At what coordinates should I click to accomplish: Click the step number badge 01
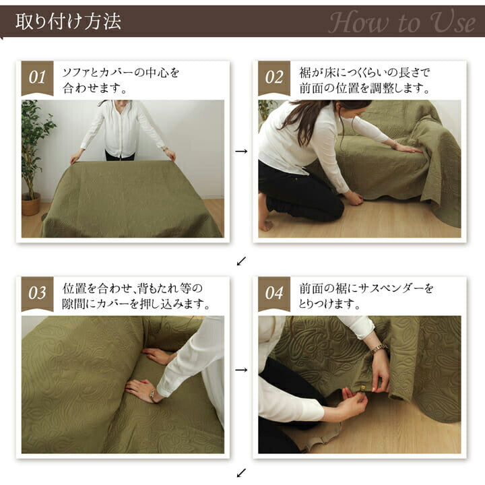37,78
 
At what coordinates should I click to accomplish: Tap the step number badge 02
274,78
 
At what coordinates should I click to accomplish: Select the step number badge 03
37,294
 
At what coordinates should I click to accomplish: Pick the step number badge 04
274,294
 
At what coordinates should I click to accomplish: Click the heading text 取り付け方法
68,22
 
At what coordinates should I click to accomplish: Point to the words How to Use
401,22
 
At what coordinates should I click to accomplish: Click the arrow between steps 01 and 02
241,152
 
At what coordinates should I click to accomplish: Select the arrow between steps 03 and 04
241,370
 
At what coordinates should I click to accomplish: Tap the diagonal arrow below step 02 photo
241,261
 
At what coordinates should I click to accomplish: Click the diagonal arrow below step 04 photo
241,473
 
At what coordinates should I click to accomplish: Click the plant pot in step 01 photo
30,204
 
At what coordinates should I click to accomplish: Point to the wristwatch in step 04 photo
379,349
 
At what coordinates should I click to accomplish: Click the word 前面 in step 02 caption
311,89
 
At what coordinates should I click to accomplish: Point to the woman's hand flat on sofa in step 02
408,148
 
